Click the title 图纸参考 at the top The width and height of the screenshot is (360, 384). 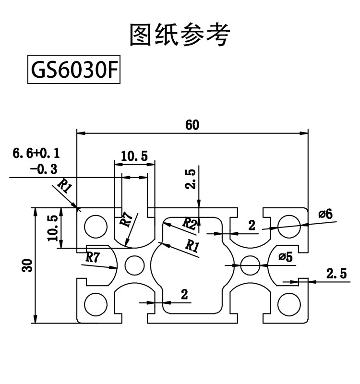180,35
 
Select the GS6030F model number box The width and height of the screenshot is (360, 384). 73,71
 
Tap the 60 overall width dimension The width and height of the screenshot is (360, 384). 192,125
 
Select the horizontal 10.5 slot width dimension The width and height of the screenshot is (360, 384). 134,156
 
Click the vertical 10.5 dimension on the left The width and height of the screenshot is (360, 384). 53,228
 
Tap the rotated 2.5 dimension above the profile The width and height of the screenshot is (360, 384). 191,179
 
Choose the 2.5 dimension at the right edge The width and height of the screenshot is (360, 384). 336,274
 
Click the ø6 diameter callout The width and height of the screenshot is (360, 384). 325,215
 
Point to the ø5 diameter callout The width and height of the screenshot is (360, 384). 285,257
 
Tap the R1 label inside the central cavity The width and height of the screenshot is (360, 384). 192,246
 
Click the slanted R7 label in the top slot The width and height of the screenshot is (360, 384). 126,219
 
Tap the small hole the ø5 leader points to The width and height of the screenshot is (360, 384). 250,264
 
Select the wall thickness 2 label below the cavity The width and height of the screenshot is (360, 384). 184,295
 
